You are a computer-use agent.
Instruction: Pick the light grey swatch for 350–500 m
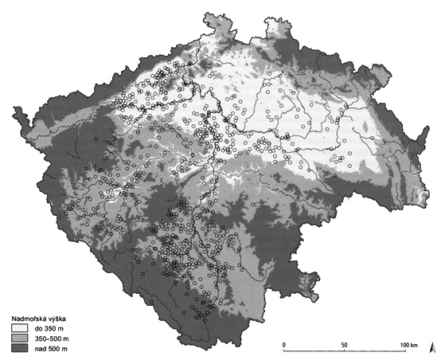click(20, 338)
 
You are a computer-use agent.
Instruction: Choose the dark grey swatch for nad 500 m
click(20, 349)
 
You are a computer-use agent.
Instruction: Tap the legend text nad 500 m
click(51, 349)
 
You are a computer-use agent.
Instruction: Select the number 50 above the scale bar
click(344, 344)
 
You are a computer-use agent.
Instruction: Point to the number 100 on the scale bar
click(402, 344)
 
